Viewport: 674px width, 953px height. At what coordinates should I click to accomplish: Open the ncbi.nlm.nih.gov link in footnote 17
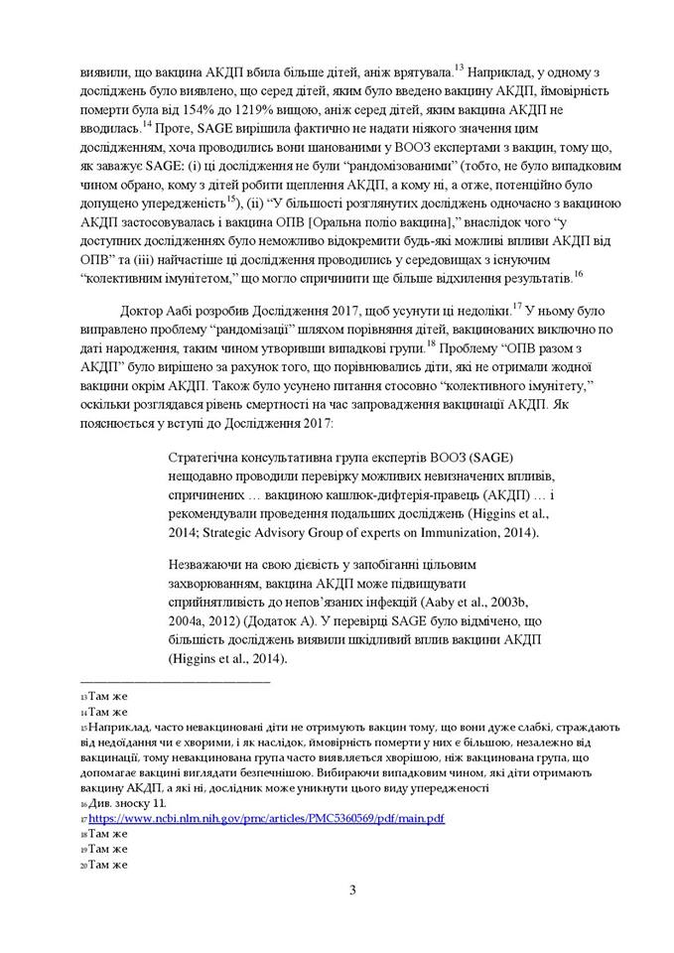266,818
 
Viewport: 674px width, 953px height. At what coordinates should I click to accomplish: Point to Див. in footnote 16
100,802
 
